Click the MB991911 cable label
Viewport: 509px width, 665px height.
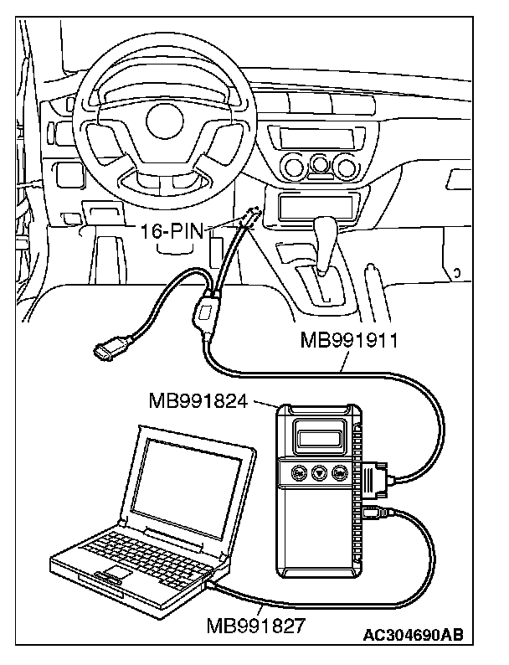[x=349, y=341]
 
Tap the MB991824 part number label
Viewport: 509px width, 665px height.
[x=198, y=400]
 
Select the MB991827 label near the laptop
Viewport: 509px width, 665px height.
[x=255, y=625]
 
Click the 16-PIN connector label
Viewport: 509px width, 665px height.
[x=172, y=232]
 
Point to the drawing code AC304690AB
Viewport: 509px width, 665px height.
[x=414, y=635]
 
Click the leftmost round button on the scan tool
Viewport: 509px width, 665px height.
[x=299, y=472]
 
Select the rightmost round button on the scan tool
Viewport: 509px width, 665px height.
[x=339, y=472]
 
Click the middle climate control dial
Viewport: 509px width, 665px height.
[x=321, y=165]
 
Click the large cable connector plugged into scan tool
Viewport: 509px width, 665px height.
[x=375, y=479]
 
